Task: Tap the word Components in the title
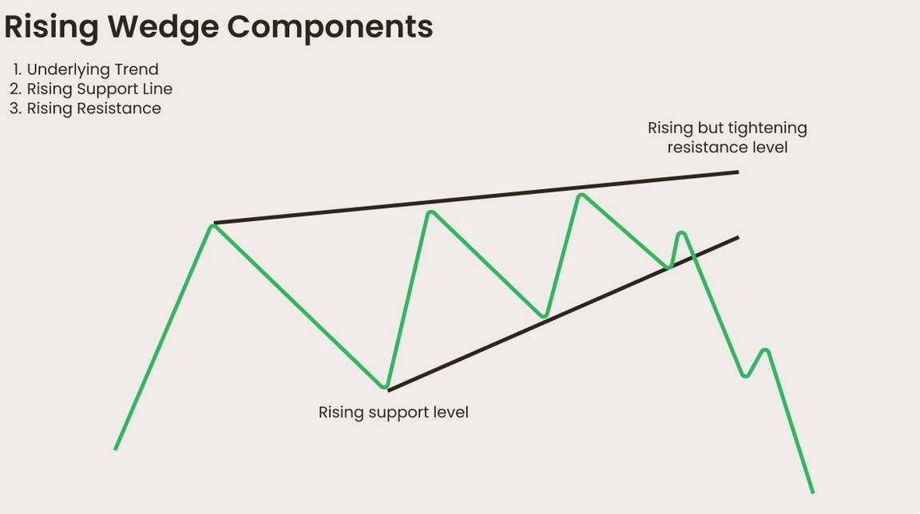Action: tap(330, 26)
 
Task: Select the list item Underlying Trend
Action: tap(93, 69)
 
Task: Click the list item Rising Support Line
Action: tap(99, 89)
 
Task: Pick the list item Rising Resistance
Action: tap(93, 109)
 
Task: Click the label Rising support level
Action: tap(393, 413)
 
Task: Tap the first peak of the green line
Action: tap(212, 227)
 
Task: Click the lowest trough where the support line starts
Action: tap(387, 388)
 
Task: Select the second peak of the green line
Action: tap(430, 212)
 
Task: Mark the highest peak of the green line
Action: tap(581, 194)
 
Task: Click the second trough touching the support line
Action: tap(544, 316)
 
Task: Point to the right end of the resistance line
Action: tap(737, 172)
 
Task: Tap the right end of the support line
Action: tap(737, 237)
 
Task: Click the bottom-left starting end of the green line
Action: tap(116, 449)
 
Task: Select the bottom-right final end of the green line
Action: tap(812, 492)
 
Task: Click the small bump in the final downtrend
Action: tap(765, 350)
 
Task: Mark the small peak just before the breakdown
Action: tap(681, 233)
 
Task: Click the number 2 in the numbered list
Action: tap(14, 89)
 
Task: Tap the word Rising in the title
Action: tap(53, 26)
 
